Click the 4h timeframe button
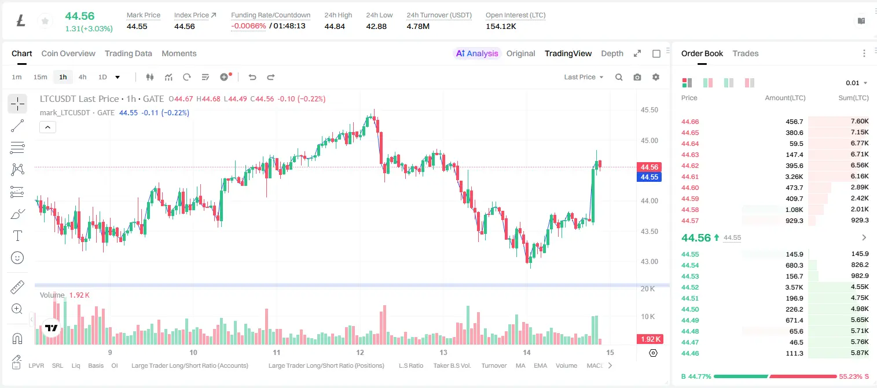pyautogui.click(x=82, y=77)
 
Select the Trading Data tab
pyautogui.click(x=128, y=53)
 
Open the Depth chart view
pyautogui.click(x=612, y=53)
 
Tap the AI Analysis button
pyautogui.click(x=477, y=53)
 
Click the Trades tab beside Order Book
pyautogui.click(x=745, y=53)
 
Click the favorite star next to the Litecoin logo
pyautogui.click(x=45, y=21)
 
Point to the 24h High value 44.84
pyautogui.click(x=335, y=26)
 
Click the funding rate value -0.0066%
pyautogui.click(x=248, y=26)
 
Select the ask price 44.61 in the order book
pyautogui.click(x=690, y=177)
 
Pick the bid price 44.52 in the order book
pyautogui.click(x=690, y=287)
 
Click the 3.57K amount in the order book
pyautogui.click(x=794, y=287)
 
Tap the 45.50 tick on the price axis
pyautogui.click(x=649, y=109)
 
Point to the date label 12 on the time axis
pyautogui.click(x=360, y=352)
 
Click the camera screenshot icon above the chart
pyautogui.click(x=637, y=77)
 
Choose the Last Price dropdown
pyautogui.click(x=584, y=77)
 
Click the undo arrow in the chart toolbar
pyautogui.click(x=252, y=77)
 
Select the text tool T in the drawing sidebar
pyautogui.click(x=17, y=236)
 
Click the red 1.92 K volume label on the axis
pyautogui.click(x=650, y=339)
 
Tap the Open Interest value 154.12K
pyautogui.click(x=501, y=26)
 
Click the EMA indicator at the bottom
pyautogui.click(x=540, y=365)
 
